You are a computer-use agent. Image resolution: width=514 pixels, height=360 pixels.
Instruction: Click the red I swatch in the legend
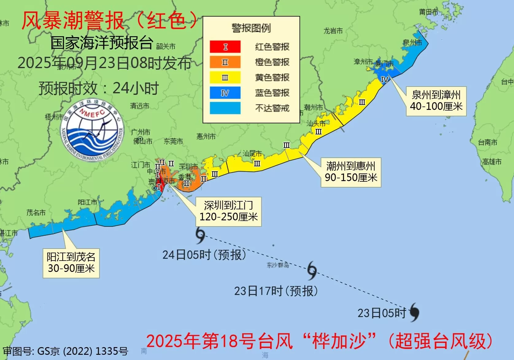tap(225, 47)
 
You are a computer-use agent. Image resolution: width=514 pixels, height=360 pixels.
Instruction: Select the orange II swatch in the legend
tap(225, 62)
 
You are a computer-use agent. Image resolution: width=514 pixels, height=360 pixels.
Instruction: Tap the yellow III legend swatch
tap(225, 77)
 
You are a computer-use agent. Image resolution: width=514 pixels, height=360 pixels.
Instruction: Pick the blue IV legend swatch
tap(225, 93)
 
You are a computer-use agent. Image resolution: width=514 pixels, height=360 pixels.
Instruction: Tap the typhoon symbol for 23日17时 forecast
tap(312, 270)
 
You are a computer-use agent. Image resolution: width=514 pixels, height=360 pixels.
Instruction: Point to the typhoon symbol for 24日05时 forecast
tap(200, 235)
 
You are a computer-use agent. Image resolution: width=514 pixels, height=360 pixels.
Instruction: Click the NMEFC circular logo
tap(92, 130)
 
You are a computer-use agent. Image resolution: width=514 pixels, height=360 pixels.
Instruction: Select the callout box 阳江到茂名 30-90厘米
tap(71, 263)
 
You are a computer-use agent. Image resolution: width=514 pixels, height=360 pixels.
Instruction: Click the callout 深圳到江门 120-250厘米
tap(229, 211)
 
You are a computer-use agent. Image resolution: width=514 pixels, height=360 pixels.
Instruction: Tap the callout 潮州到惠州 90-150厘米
tap(351, 172)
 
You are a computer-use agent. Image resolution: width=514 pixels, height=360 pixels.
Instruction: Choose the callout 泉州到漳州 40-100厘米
tap(436, 101)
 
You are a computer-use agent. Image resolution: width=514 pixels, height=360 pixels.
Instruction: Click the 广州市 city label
tap(141, 132)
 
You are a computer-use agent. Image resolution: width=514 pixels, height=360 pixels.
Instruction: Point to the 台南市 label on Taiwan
tap(487, 142)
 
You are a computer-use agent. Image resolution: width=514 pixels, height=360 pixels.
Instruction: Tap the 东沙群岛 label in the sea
tap(278, 265)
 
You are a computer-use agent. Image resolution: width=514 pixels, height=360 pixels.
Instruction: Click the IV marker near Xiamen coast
tap(385, 80)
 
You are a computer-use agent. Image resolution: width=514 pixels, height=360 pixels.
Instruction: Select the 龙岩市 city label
tap(333, 31)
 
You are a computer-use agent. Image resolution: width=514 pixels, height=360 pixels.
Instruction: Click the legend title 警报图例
tap(251, 28)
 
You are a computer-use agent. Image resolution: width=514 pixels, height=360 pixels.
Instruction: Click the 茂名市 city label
tap(36, 212)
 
